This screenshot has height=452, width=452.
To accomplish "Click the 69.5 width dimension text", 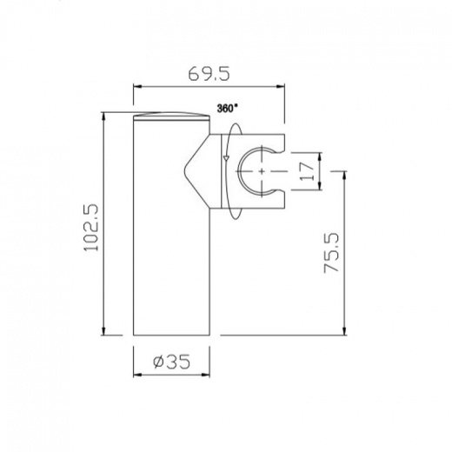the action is click(209, 74).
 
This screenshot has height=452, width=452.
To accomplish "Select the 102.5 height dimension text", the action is click(91, 228).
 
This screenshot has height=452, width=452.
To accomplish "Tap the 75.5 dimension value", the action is click(331, 252).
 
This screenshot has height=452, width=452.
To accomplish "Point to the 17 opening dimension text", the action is click(307, 171).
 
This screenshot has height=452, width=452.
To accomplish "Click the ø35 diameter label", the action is click(171, 362).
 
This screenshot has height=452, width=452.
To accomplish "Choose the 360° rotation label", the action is click(227, 109).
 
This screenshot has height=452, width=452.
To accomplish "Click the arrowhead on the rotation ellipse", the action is click(226, 157).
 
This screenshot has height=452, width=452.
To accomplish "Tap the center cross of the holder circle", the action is click(262, 171).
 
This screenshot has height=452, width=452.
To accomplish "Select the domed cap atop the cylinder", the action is click(171, 116).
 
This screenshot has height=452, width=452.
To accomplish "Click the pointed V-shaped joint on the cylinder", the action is click(197, 171).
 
